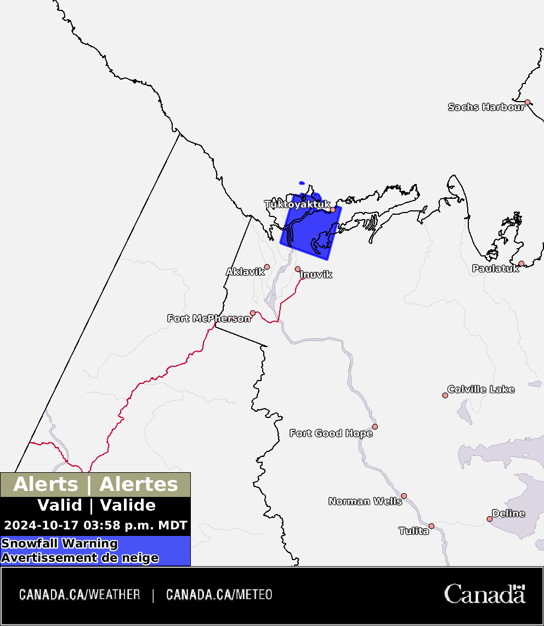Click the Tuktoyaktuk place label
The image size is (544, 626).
coord(297,204)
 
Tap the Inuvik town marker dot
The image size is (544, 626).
coord(298,269)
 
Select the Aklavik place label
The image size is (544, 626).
coord(245,272)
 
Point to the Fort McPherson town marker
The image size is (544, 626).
coord(253,313)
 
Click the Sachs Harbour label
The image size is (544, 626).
coord(486,107)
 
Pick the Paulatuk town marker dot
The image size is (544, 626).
coord(522,264)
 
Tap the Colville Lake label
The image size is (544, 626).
coord(481,389)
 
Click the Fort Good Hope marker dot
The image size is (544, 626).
coord(375,427)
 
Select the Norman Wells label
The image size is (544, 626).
coord(365,501)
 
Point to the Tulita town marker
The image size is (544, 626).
coord(432,526)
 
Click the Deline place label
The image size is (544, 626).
coord(508,513)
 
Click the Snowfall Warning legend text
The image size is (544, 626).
coord(59,544)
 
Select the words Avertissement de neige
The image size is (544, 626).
coord(80,558)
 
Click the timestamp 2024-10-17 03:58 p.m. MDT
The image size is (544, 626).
coord(95,526)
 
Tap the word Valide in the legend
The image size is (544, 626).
coord(128,505)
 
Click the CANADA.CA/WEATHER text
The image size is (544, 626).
coord(80,595)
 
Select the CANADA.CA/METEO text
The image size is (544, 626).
coord(219,595)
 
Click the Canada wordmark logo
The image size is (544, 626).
coord(484,594)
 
